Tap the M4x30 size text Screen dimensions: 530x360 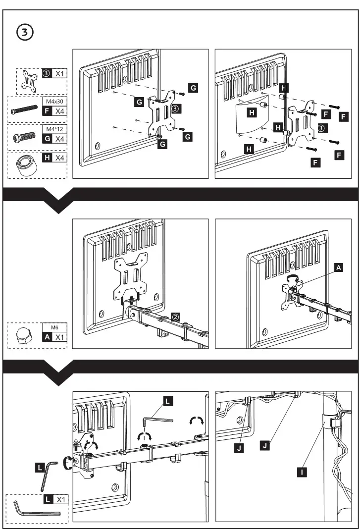(53, 102)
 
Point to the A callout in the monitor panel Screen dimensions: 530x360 (338, 267)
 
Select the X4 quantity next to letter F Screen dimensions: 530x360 (59, 111)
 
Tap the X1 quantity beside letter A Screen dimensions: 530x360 (59, 337)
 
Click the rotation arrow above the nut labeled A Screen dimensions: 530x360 (294, 278)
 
